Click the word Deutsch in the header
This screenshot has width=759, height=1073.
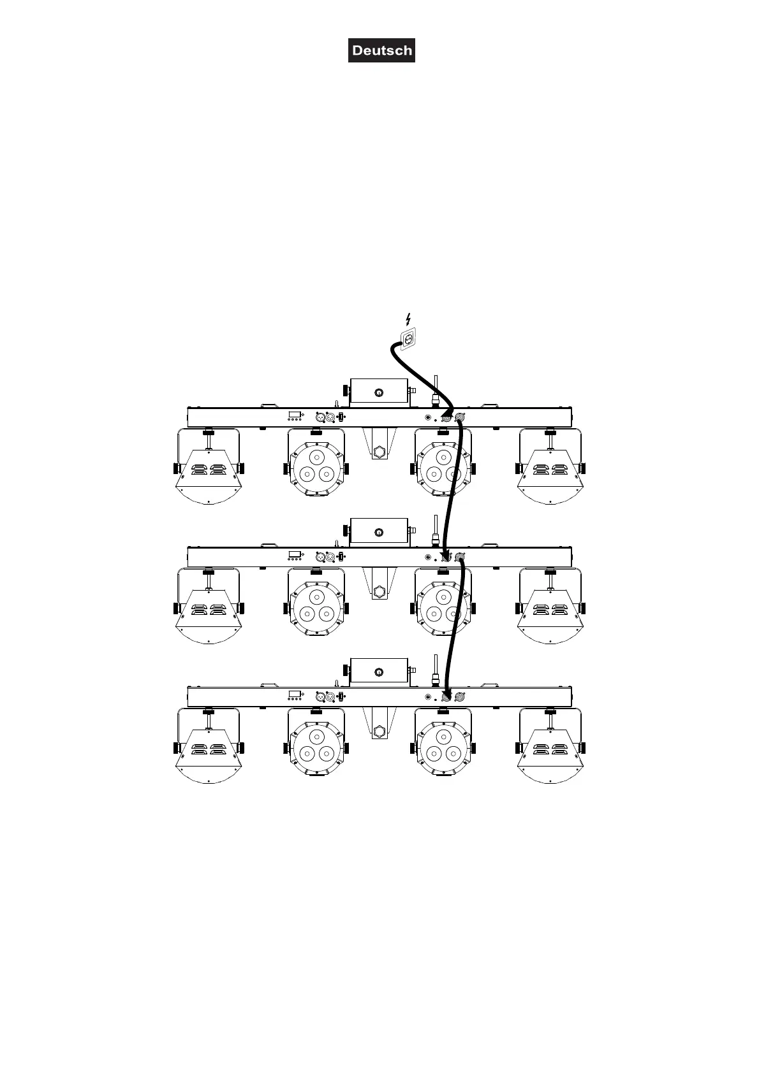point(381,51)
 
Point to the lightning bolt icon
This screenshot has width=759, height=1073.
point(408,319)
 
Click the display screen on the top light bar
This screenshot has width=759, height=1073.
point(294,415)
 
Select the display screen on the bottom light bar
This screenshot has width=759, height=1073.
point(294,694)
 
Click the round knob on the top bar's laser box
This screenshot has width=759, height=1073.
point(379,392)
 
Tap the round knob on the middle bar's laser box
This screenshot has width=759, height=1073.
point(379,532)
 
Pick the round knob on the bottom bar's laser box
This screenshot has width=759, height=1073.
point(379,672)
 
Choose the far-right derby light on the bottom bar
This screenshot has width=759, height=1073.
point(551,751)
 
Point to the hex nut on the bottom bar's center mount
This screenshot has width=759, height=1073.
point(379,731)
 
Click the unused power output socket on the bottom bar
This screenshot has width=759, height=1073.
point(460,697)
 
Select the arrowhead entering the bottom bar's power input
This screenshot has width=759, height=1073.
point(446,695)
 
